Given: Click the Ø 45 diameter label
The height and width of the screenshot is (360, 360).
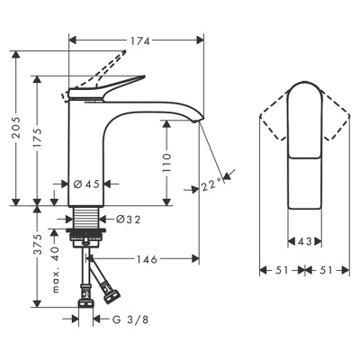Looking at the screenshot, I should [85, 184].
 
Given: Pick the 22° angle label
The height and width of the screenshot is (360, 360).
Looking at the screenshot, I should [212, 184].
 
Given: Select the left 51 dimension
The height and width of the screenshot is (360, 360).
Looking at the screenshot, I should [281, 269].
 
